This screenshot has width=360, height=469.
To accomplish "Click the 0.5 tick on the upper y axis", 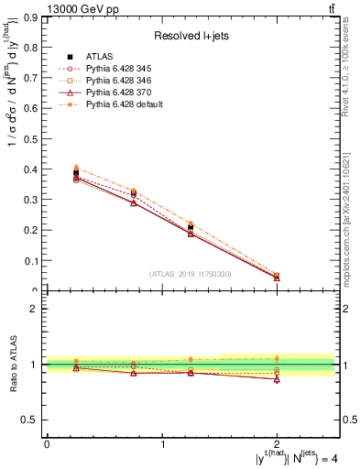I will (x=30, y=139).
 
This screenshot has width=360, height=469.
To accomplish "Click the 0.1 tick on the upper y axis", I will (x=30, y=261).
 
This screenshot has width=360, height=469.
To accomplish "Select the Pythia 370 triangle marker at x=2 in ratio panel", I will (x=277, y=378).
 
